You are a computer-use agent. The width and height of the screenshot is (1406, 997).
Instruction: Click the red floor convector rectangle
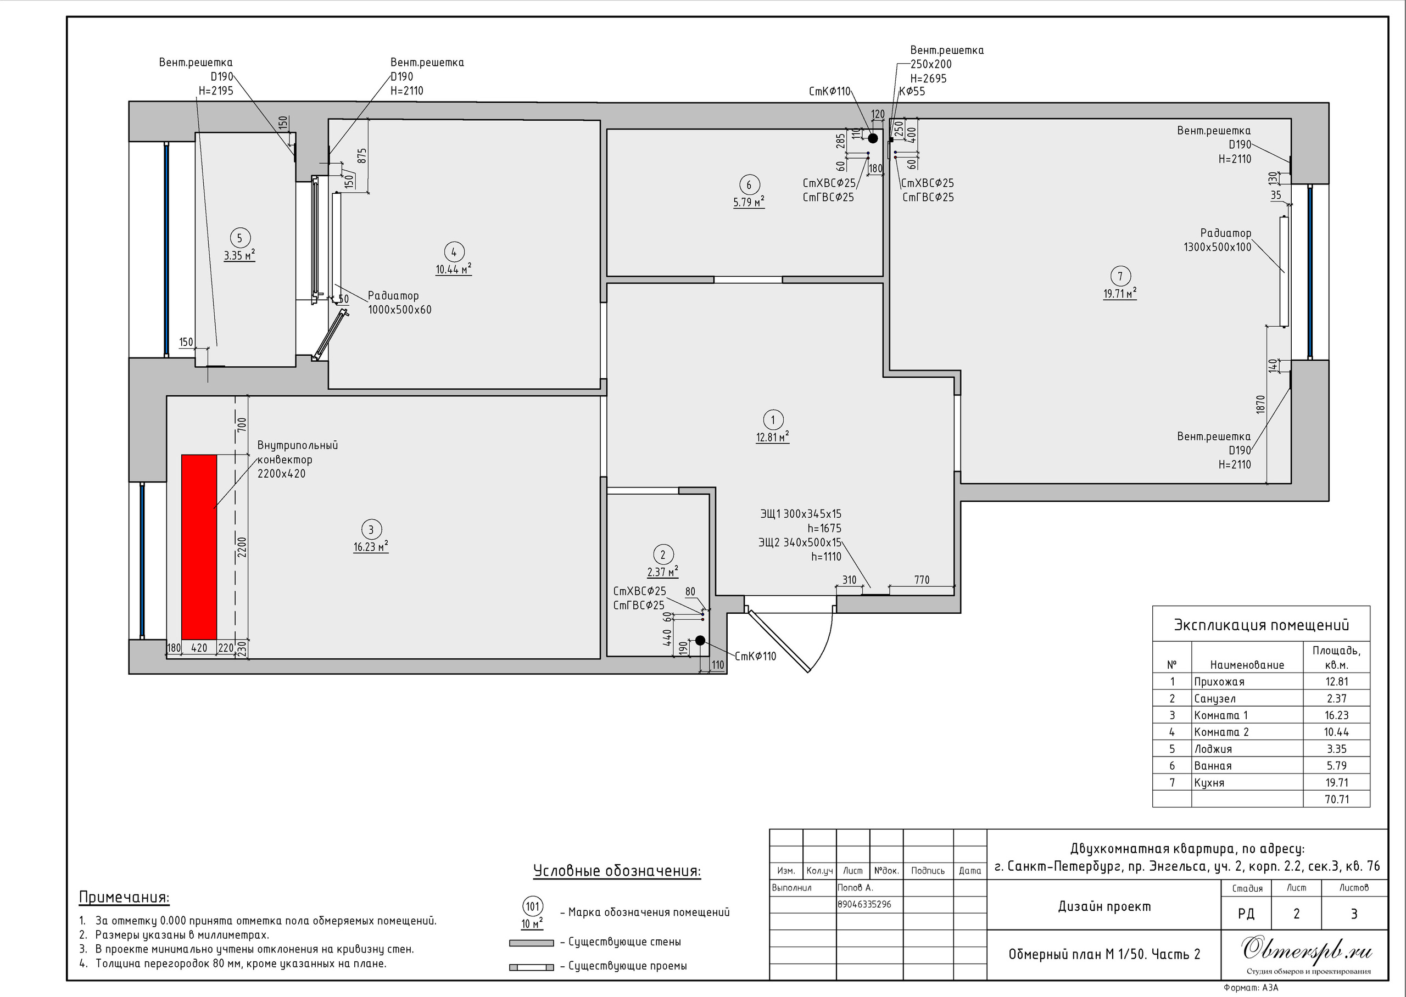pos(199,547)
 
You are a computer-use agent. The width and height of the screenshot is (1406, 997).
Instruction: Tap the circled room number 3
pos(371,530)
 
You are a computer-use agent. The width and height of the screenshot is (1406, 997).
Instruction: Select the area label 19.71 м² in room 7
pos(1120,294)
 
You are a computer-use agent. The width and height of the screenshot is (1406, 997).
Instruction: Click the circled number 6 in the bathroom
pos(749,185)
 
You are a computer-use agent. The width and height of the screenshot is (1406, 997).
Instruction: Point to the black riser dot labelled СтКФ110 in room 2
pos(700,640)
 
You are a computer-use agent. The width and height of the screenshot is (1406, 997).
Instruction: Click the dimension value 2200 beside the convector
pos(242,547)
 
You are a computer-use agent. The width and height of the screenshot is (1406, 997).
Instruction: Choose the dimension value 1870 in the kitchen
pos(1261,405)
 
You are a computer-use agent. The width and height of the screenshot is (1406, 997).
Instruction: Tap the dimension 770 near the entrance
pos(922,580)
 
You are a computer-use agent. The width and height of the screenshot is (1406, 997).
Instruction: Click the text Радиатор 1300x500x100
pos(1218,240)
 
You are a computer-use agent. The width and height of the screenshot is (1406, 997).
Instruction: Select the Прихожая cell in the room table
pos(1219,681)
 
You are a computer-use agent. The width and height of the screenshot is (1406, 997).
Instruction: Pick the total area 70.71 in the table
pos(1337,799)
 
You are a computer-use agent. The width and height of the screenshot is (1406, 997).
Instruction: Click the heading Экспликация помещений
pos(1262,625)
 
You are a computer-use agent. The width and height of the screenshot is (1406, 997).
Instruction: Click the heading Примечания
pos(124,898)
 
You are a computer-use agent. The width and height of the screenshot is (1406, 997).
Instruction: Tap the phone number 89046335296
pos(864,904)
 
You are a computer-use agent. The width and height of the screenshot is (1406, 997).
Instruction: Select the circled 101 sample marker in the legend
pos(532,907)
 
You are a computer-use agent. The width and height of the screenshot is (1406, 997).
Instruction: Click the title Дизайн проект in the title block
pos(1104,907)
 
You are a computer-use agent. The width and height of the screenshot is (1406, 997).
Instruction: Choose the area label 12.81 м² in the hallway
pos(772,437)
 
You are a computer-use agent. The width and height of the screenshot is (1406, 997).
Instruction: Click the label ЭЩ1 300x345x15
pos(801,514)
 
